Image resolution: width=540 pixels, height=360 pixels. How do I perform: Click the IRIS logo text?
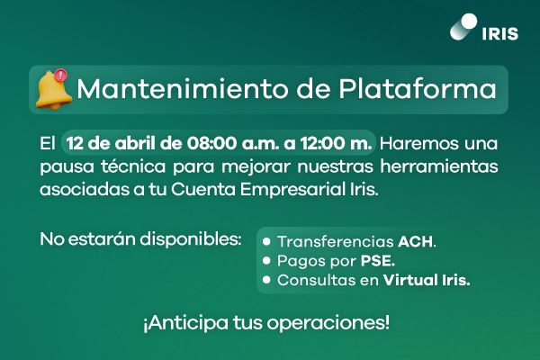(500, 34)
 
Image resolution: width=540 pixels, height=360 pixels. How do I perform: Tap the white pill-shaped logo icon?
(463, 27)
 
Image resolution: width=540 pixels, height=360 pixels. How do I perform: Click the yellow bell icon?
(53, 90)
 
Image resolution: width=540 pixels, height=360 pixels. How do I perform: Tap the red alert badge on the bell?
(61, 75)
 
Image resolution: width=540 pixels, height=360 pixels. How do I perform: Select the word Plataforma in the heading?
(418, 89)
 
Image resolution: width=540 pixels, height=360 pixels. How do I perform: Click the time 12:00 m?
(336, 143)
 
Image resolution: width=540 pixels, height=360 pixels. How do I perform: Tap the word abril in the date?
(135, 143)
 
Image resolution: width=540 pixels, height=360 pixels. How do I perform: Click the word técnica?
(133, 166)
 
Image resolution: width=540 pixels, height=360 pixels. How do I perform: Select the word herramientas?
(439, 166)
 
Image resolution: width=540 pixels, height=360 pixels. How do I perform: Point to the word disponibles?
(191, 239)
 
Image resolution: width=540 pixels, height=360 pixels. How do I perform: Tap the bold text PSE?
(378, 261)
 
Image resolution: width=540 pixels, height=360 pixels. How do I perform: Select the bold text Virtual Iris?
(427, 280)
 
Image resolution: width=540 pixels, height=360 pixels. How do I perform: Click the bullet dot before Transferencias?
(266, 241)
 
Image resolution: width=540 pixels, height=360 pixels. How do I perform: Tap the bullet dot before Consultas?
(266, 280)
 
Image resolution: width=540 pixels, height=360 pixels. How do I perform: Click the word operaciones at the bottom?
(328, 323)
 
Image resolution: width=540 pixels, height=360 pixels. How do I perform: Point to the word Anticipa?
(186, 323)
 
